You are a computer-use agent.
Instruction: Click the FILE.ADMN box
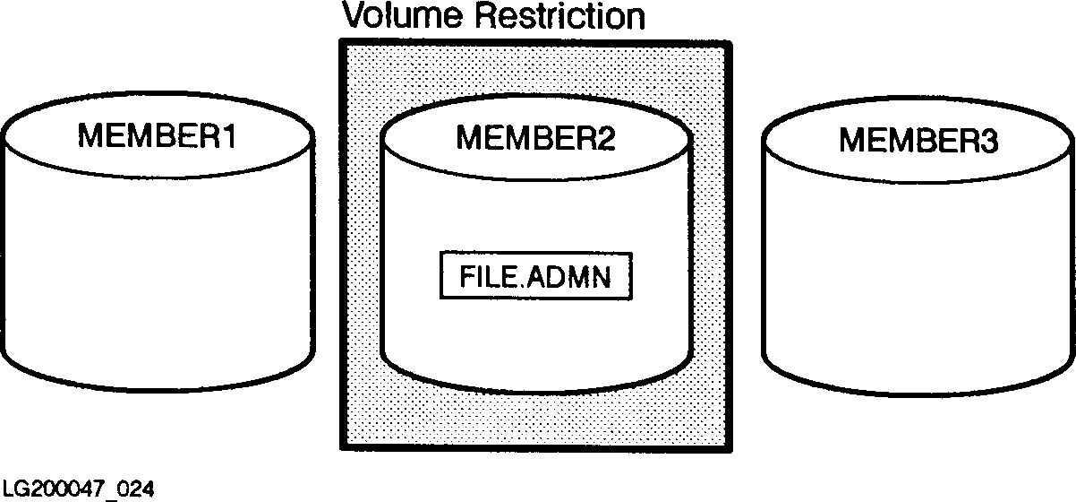[x=535, y=277]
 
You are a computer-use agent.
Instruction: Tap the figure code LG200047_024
[x=78, y=489]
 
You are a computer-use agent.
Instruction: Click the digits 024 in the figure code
[x=133, y=489]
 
